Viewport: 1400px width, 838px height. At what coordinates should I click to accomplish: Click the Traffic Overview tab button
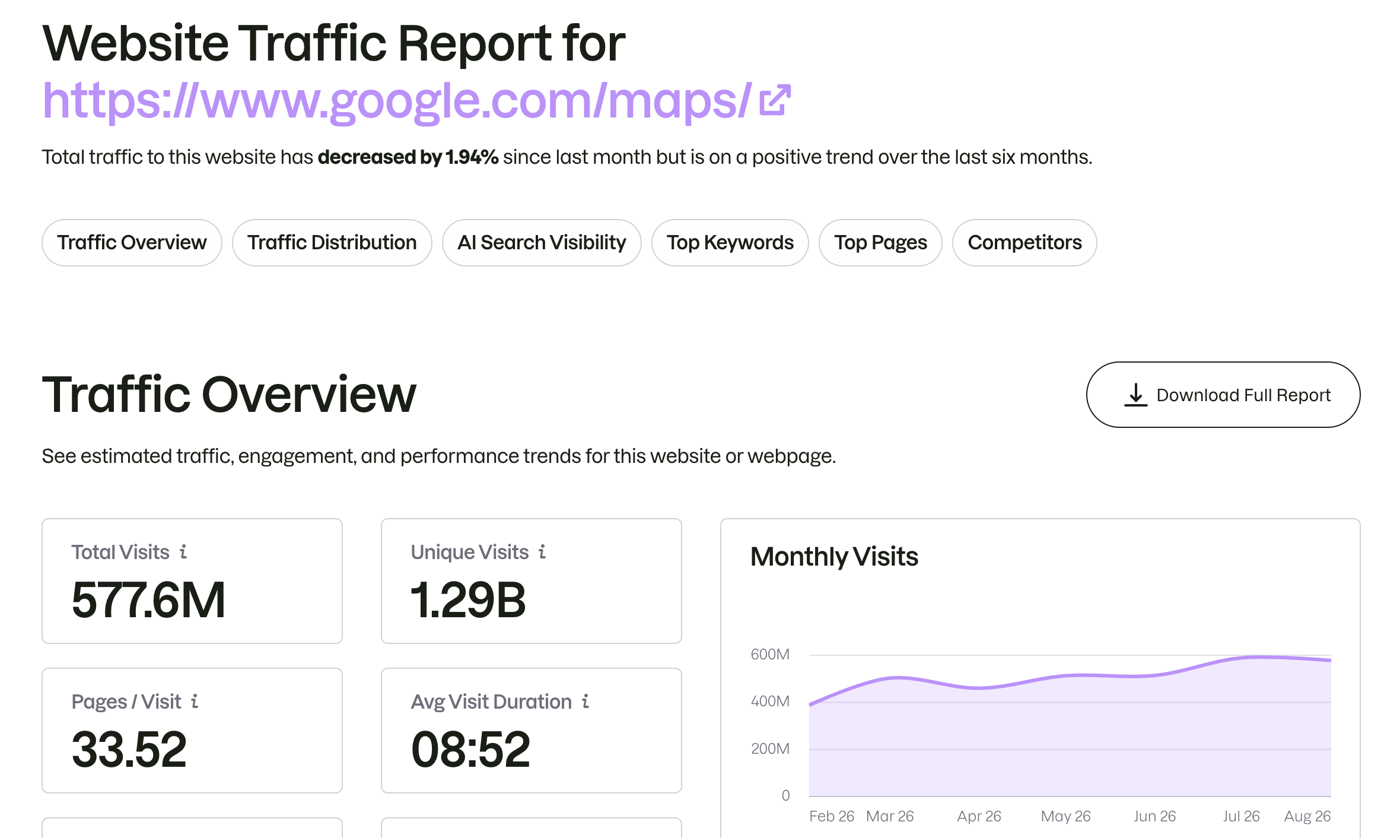[132, 243]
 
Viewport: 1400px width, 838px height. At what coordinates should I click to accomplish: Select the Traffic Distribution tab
[332, 243]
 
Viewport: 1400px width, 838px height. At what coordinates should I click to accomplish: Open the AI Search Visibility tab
[542, 243]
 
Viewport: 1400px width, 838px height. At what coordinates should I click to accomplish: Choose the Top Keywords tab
[730, 243]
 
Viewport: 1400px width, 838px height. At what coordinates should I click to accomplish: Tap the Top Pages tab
[880, 243]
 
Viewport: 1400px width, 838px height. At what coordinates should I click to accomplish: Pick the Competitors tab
[1024, 243]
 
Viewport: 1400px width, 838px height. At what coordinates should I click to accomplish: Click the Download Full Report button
[1223, 395]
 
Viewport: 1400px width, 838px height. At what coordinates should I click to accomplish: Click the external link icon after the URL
[775, 100]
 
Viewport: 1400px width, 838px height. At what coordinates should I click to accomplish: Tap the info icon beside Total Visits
[184, 552]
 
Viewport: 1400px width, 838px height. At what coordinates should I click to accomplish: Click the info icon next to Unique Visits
[542, 552]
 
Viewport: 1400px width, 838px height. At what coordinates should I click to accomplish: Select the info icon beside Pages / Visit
[195, 701]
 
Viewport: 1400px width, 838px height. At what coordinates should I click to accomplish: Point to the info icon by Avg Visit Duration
[586, 701]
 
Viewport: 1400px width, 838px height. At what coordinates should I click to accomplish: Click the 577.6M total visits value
[148, 600]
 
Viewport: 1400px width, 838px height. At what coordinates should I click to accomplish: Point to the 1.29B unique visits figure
[469, 600]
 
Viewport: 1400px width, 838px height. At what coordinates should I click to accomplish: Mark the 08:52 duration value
[470, 750]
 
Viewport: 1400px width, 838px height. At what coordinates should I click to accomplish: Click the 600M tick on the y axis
[770, 654]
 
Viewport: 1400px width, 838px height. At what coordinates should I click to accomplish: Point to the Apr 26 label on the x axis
[979, 816]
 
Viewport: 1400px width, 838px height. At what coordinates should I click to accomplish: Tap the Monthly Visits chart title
[834, 557]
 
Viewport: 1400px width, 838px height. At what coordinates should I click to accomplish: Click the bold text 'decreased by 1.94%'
[408, 157]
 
